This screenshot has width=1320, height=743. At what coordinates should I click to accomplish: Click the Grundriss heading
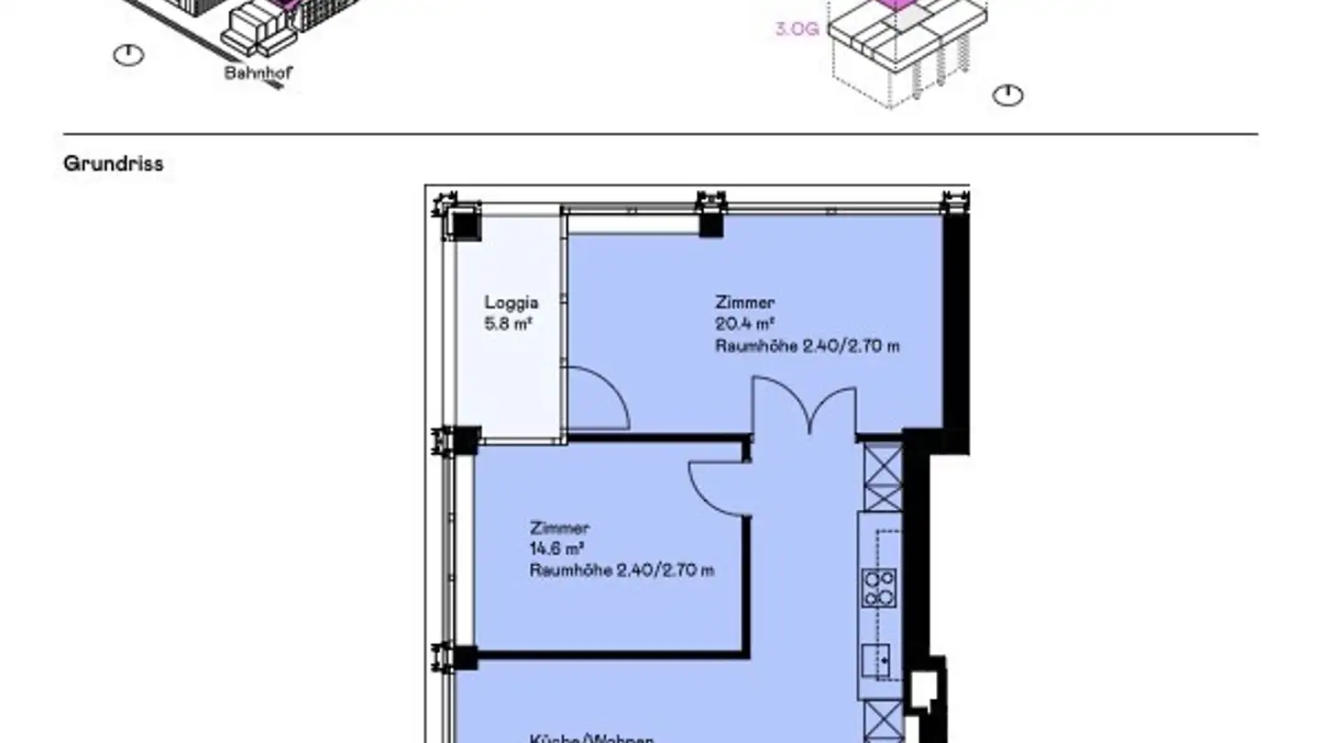[114, 164]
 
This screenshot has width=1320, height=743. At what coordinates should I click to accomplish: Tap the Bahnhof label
[258, 73]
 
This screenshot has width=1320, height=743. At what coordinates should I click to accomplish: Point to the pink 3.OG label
[797, 28]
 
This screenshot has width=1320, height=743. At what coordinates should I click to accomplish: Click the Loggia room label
[511, 303]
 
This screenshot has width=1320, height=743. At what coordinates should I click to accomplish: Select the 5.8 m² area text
[510, 323]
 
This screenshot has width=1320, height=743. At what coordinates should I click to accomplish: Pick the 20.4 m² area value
[745, 324]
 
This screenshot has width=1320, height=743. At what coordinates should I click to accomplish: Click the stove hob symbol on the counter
[880, 588]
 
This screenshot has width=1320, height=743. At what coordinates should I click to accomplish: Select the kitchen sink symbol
[878, 658]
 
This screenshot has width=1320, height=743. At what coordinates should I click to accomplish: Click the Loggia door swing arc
[599, 398]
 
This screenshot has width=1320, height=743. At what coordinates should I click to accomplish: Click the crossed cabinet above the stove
[884, 477]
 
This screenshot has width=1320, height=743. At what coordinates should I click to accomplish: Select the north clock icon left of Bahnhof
[128, 55]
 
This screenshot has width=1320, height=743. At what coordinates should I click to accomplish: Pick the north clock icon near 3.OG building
[1008, 94]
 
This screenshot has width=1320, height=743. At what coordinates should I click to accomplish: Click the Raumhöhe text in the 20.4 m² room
[807, 346]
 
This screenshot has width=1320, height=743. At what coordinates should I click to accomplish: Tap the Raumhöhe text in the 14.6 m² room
[621, 571]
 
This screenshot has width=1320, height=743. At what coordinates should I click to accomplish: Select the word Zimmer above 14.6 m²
[559, 528]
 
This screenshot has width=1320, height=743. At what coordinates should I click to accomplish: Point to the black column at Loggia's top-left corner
[464, 223]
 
